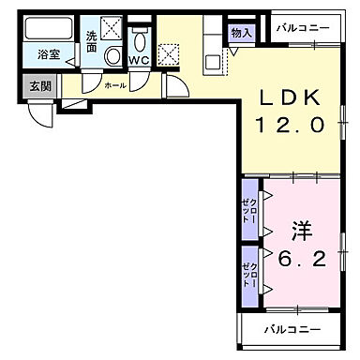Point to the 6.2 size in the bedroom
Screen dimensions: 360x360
(x=302, y=259)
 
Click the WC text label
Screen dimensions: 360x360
(x=138, y=60)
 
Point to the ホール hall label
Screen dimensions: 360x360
(x=114, y=84)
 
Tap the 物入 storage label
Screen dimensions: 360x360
(x=241, y=33)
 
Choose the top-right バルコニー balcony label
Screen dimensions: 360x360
(x=303, y=27)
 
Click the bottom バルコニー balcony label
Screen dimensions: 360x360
(x=291, y=330)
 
